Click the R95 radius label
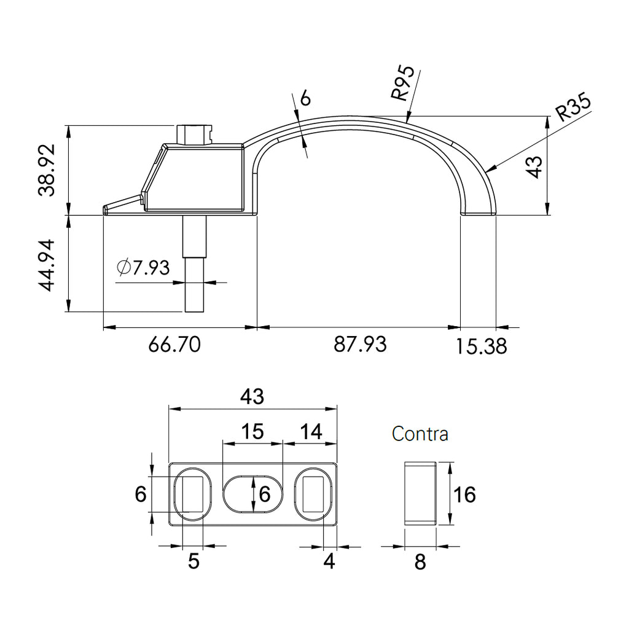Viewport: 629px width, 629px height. coord(403,83)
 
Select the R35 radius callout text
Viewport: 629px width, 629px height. coord(574,107)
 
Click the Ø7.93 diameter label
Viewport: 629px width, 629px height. coord(143,268)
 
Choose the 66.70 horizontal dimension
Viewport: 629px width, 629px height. coord(174,344)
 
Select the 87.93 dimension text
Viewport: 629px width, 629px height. coord(360,344)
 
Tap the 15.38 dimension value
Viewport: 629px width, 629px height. coord(482,346)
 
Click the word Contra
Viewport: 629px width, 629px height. coord(420,434)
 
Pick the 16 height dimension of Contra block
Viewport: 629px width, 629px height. coord(464,494)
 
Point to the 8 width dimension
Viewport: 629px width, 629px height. coord(420,562)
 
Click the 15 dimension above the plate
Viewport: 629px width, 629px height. coord(252,432)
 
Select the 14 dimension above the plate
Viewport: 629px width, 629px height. coord(311,432)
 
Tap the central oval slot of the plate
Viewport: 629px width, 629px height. coord(253,494)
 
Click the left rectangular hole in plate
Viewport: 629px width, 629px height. coord(193,494)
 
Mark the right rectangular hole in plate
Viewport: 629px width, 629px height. coord(313,494)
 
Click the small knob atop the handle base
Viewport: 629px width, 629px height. coord(194,135)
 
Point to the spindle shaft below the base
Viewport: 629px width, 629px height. coord(195,264)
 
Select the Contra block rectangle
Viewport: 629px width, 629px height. coord(420,493)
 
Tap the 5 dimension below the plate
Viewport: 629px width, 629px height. coord(193,561)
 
